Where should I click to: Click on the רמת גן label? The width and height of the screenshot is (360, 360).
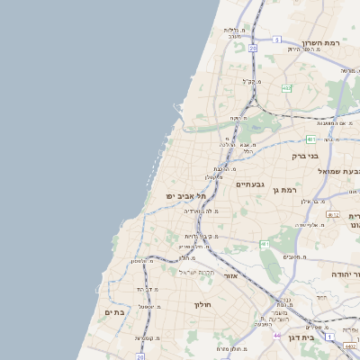tap(288, 190)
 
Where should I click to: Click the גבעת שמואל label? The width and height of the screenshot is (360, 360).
tap(338, 170)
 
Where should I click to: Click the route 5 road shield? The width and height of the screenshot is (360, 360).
tap(277, 40)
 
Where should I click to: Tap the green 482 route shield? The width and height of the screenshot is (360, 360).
tap(286, 88)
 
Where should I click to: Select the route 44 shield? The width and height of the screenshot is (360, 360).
tap(276, 335)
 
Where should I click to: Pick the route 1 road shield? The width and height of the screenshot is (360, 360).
tap(329, 335)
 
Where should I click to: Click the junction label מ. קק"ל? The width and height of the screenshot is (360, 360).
tap(251, 81)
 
